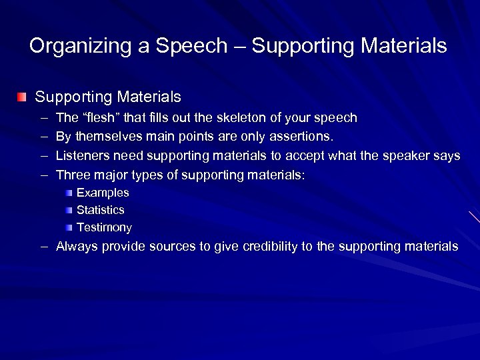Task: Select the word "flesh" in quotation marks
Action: click(x=95, y=118)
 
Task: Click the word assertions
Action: click(x=299, y=137)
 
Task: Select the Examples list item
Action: click(x=103, y=193)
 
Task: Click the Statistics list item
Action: click(x=101, y=210)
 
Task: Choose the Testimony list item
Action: click(x=104, y=227)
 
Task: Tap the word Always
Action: click(x=76, y=247)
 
